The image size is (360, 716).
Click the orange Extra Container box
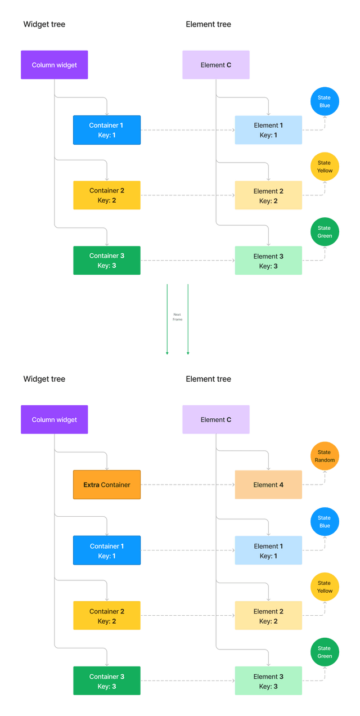tap(107, 485)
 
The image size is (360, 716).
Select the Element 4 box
tap(268, 485)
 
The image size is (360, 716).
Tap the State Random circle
tap(325, 456)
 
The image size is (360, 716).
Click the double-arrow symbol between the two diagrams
tap(177, 319)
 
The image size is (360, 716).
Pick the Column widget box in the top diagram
tap(55, 65)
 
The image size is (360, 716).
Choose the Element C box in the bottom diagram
tap(216, 419)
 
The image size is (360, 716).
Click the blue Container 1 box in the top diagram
tap(107, 130)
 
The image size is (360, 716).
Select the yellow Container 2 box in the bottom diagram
tap(107, 616)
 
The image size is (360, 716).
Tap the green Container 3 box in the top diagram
tap(107, 261)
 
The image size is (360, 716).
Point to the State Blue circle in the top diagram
tap(325, 101)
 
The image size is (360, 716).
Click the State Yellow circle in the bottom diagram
tap(325, 587)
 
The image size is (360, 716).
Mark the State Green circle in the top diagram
tap(325, 232)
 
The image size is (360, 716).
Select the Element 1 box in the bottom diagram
tap(268, 551)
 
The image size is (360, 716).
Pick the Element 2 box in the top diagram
tap(268, 195)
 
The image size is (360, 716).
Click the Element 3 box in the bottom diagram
tap(268, 681)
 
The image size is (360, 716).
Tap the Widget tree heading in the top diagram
tap(44, 24)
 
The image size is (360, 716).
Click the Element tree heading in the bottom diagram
tap(209, 379)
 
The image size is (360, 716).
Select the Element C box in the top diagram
tap(216, 65)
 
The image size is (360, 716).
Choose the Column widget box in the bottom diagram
tap(55, 419)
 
